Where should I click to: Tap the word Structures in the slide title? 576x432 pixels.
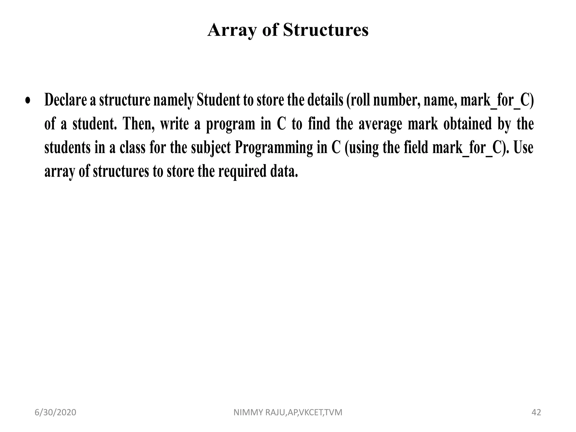click(x=326, y=30)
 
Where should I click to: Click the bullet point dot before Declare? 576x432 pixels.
click(x=28, y=101)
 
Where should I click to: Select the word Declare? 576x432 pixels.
click(x=66, y=100)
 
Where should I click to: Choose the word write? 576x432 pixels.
click(x=174, y=124)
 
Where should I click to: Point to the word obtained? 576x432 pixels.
click(x=467, y=124)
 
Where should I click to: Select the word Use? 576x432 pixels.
click(x=523, y=148)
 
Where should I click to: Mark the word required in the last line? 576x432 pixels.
click(x=242, y=172)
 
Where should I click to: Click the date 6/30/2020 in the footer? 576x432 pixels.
click(x=55, y=413)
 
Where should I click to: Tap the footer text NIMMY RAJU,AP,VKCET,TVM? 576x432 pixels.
click(x=288, y=413)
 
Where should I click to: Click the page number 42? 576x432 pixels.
click(x=536, y=413)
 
